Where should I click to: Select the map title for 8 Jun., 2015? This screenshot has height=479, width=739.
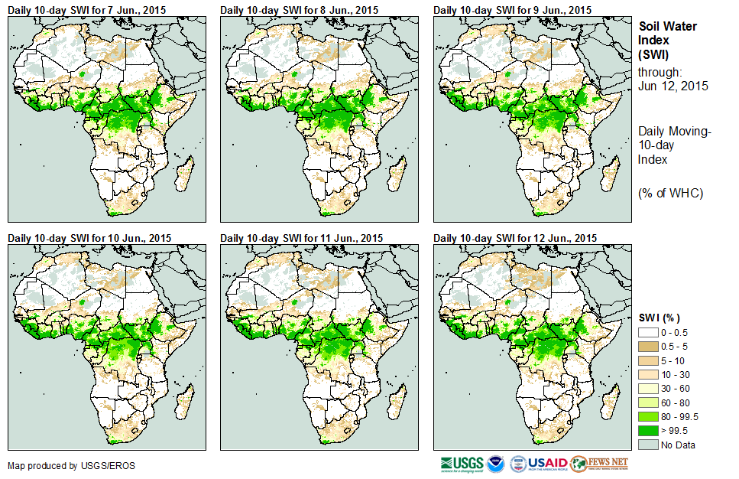(300, 10)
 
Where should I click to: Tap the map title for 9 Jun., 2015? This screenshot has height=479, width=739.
(513, 10)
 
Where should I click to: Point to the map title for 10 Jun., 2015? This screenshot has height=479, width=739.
(89, 238)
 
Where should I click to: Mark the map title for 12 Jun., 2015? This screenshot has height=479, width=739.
(515, 238)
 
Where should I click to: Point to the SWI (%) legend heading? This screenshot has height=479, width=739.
(659, 317)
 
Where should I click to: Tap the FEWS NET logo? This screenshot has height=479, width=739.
(599, 464)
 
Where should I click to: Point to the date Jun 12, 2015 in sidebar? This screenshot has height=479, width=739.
(673, 86)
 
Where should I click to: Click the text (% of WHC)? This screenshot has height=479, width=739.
(670, 193)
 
